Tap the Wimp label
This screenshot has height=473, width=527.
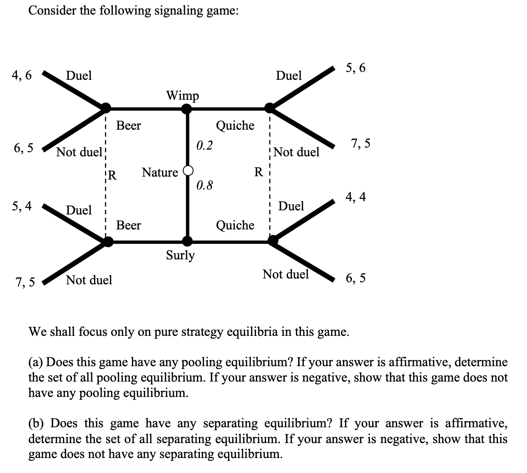pyautogui.click(x=182, y=96)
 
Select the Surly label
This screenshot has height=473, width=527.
pyautogui.click(x=180, y=255)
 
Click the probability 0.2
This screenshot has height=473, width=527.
pyautogui.click(x=204, y=145)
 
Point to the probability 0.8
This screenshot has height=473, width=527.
pyautogui.click(x=204, y=185)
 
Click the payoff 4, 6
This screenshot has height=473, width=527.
pyautogui.click(x=22, y=75)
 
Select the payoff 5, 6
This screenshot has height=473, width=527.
pyautogui.click(x=355, y=68)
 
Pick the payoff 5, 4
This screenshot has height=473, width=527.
pyautogui.click(x=22, y=206)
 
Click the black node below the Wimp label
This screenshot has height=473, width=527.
pyautogui.click(x=187, y=109)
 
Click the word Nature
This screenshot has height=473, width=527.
pyautogui.click(x=160, y=172)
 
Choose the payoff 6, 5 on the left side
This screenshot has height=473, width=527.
pyautogui.click(x=23, y=148)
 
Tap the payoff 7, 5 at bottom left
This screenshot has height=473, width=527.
pyautogui.click(x=25, y=283)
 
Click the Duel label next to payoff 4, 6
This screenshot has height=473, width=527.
pyautogui.click(x=79, y=76)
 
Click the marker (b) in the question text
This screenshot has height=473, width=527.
pyautogui.click(x=37, y=424)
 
